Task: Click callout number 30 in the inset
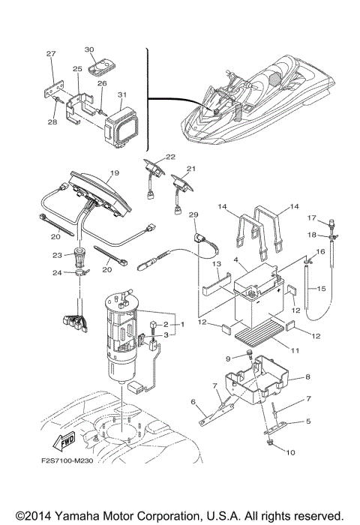pyautogui.click(x=90, y=49)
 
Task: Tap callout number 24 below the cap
pyautogui.click(x=77, y=272)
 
